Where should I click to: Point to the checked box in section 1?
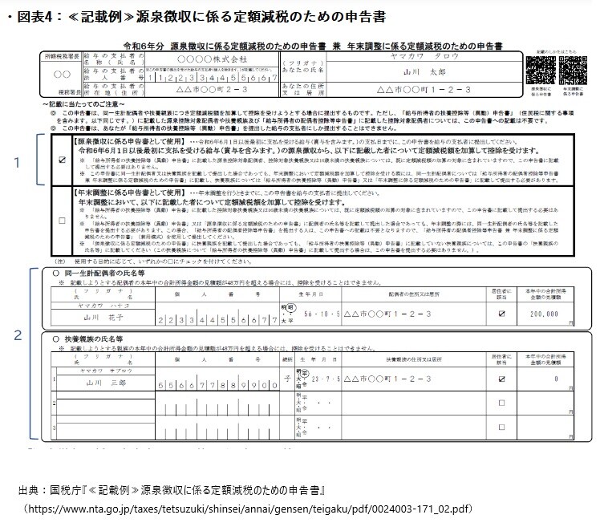(x=63, y=159)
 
